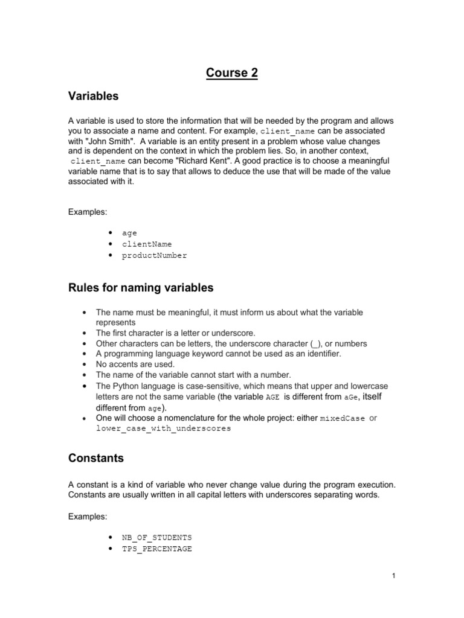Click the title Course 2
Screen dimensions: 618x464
point(231,73)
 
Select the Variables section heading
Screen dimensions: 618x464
point(93,97)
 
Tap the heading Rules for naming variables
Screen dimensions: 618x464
point(140,288)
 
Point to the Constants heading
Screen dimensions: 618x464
point(95,458)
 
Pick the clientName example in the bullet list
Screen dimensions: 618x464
point(147,244)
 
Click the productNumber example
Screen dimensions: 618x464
point(155,255)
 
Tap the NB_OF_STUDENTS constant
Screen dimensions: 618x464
point(157,537)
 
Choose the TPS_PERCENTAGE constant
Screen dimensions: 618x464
point(157,549)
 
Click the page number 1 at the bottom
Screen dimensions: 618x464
point(393,576)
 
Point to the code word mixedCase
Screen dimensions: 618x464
point(342,418)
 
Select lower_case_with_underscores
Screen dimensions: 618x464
point(163,428)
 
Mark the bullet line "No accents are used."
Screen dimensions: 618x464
point(135,364)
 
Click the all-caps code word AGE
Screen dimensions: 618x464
point(273,397)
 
